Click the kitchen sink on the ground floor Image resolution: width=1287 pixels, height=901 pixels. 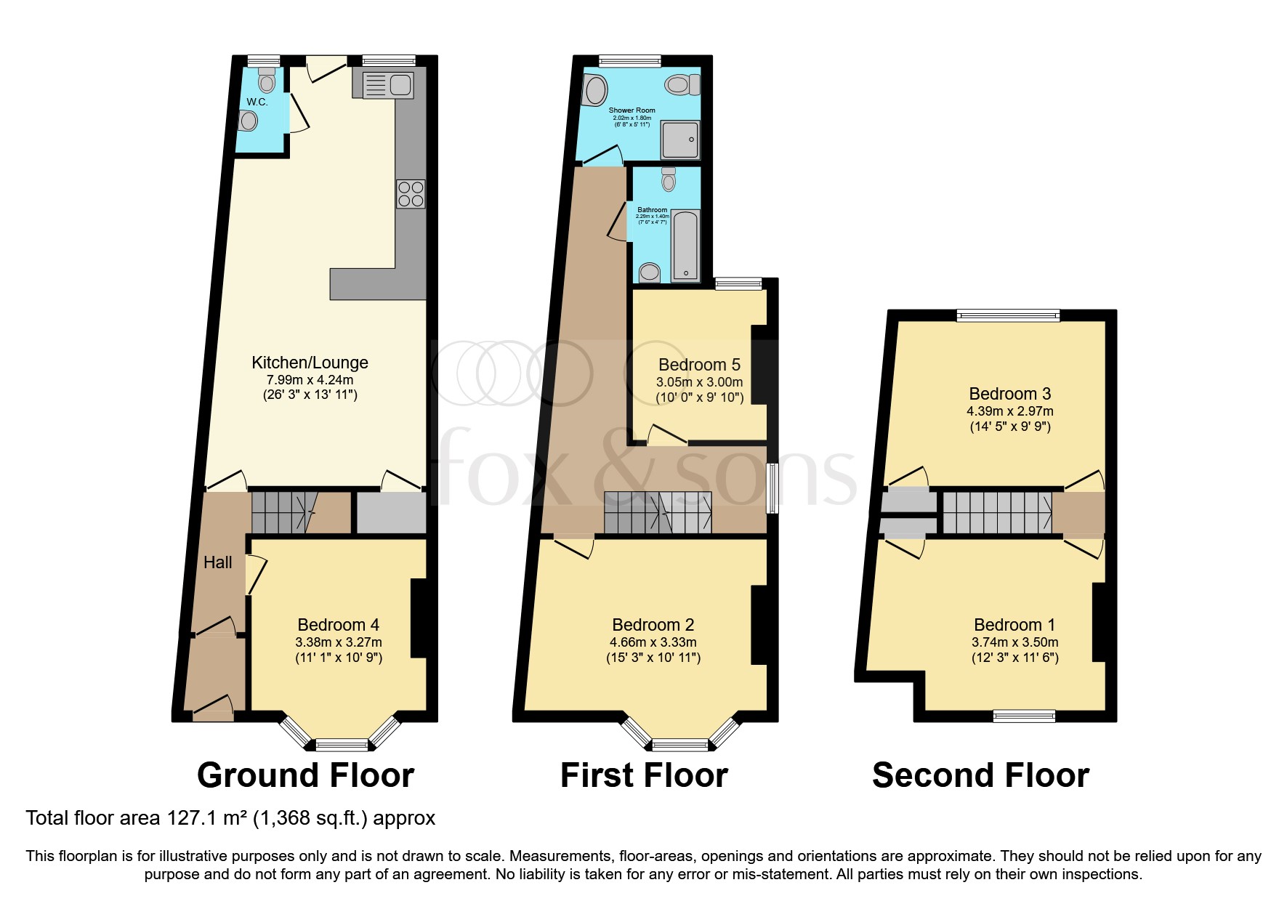[384, 85]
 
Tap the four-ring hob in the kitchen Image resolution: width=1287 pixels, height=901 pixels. [411, 194]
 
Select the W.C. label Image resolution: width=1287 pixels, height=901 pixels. [257, 102]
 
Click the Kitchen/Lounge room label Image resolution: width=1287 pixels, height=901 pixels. [310, 363]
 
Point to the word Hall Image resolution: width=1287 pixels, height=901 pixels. [217, 562]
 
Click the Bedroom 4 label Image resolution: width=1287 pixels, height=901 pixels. [338, 625]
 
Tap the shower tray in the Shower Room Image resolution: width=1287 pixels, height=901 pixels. [680, 140]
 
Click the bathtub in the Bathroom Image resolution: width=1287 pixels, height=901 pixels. [685, 245]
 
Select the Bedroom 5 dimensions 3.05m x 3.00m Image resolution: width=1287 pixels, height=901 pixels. [699, 382]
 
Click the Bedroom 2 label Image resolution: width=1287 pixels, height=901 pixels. [653, 625]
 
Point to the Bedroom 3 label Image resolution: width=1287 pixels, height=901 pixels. [1009, 394]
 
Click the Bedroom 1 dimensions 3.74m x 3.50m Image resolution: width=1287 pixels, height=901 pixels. [1014, 642]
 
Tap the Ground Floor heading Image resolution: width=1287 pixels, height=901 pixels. [305, 775]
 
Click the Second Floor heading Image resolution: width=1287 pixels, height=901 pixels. [980, 775]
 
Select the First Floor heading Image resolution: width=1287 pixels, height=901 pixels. [644, 775]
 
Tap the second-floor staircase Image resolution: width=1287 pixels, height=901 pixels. [996, 512]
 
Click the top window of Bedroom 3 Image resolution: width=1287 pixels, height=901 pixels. [1008, 315]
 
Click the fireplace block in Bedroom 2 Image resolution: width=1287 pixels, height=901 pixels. [759, 625]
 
